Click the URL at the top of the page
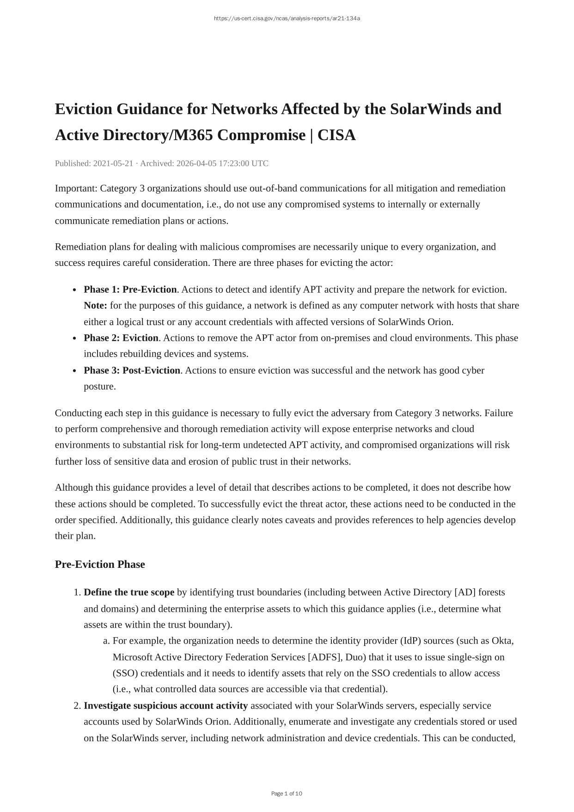[287, 18]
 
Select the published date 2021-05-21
[113, 163]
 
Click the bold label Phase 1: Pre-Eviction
[130, 289]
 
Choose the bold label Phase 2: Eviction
[121, 338]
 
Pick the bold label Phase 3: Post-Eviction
[132, 370]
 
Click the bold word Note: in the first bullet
[95, 306]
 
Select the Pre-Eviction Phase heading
[100, 565]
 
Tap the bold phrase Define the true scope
[129, 592]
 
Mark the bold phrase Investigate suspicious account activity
[165, 706]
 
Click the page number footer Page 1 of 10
[287, 794]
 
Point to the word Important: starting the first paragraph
[76, 189]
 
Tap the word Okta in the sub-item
[502, 641]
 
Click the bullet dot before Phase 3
[75, 371]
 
